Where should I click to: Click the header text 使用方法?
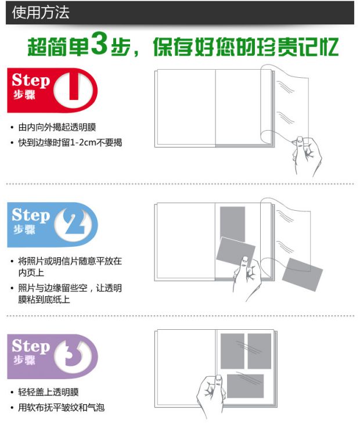click(40, 13)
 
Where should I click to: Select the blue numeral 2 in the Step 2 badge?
click(74, 222)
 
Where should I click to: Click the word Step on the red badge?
click(31, 80)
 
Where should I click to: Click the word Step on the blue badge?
click(31, 215)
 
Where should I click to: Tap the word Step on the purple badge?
click(31, 346)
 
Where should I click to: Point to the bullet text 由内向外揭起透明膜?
click(57, 127)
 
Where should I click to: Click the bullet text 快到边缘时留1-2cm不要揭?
click(70, 142)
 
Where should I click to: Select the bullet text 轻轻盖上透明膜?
click(48, 392)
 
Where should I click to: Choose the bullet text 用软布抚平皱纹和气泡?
click(61, 408)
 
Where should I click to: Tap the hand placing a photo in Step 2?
click(247, 278)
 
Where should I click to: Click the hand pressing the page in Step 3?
click(211, 394)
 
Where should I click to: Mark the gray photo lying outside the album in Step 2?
click(302, 275)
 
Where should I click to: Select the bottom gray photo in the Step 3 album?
click(245, 386)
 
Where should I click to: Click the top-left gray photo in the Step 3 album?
click(232, 351)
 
